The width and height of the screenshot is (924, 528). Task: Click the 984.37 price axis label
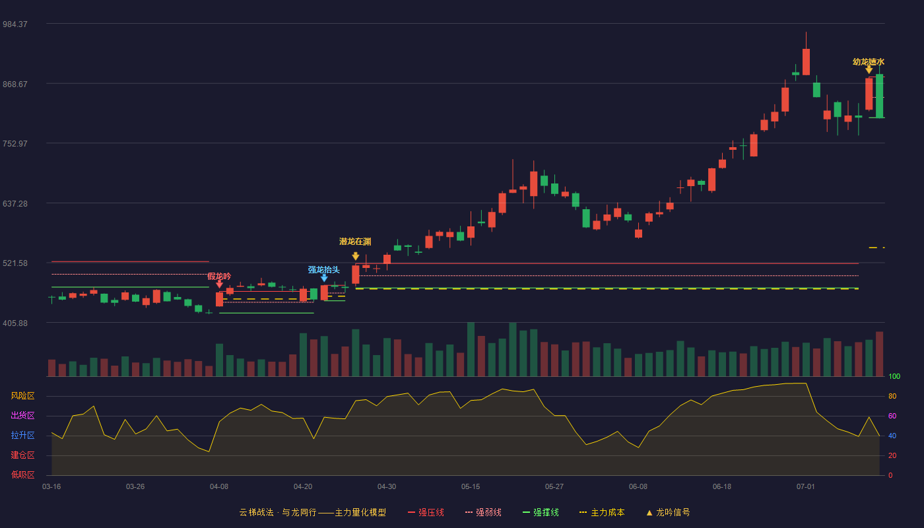click(15, 24)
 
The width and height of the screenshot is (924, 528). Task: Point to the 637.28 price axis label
click(15, 204)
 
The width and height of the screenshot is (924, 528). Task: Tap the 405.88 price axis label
click(15, 323)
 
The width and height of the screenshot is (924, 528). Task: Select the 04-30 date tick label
click(387, 487)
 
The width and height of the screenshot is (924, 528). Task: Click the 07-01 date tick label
click(806, 487)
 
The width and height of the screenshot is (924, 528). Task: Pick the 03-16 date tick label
click(51, 487)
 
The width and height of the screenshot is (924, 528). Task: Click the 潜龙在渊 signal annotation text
click(355, 242)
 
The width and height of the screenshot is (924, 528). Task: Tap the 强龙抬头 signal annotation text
click(324, 270)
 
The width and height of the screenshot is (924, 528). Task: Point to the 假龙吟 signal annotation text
click(219, 277)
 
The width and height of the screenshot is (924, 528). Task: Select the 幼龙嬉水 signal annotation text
click(869, 62)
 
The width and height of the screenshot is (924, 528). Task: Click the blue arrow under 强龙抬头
click(324, 278)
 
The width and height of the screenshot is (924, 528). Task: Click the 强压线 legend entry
click(426, 512)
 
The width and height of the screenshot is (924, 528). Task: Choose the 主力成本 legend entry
click(602, 512)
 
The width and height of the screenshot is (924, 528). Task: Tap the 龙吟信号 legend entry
click(668, 512)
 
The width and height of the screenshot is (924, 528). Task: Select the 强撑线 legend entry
click(541, 512)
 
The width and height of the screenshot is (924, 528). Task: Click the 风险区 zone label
click(22, 396)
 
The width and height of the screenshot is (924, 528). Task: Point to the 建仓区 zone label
click(22, 455)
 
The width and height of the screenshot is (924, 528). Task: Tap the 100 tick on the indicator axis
click(894, 376)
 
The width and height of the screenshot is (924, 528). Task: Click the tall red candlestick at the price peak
click(806, 62)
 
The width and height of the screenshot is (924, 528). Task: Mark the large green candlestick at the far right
click(879, 96)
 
